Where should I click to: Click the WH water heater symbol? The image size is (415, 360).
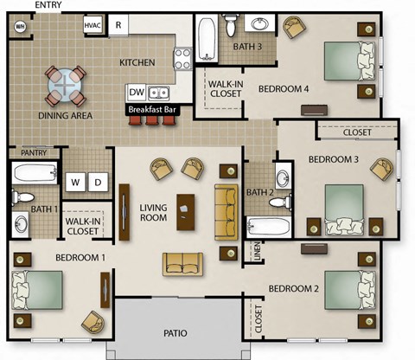[19, 26]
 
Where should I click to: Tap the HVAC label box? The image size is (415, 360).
[93, 26]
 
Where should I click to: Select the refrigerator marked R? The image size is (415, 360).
[118, 26]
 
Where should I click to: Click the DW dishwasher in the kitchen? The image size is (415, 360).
[137, 93]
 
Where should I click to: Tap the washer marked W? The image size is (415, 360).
[76, 182]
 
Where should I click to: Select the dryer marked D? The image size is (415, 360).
[98, 182]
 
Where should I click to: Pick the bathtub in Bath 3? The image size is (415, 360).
[206, 39]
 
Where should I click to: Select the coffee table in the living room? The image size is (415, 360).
[184, 210]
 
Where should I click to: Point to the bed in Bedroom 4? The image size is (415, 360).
[350, 61]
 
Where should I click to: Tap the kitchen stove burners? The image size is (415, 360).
[182, 59]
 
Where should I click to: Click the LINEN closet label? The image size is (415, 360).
[256, 250]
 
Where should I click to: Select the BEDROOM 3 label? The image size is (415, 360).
[333, 159]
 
